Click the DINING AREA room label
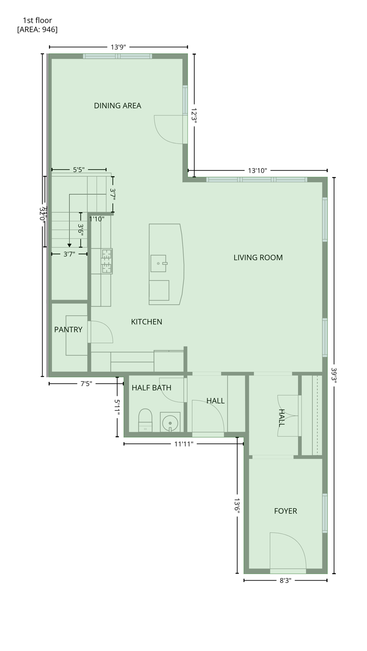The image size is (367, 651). (x=117, y=106)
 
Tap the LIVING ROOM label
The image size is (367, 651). (x=258, y=257)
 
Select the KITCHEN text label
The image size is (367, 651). (x=146, y=322)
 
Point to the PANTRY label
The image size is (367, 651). (x=68, y=329)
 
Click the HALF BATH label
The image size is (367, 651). (x=151, y=387)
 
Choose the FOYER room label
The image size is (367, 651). (x=285, y=511)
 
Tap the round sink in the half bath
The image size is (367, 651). (x=170, y=423)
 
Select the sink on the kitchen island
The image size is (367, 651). (x=158, y=263)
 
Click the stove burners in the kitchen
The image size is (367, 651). (x=106, y=261)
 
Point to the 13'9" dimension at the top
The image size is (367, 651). (x=118, y=47)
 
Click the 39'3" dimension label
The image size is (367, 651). (x=334, y=376)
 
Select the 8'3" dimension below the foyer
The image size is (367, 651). (x=285, y=580)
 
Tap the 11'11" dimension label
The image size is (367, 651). (x=183, y=444)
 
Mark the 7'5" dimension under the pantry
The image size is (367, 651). (x=86, y=384)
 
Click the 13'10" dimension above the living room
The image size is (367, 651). (x=257, y=170)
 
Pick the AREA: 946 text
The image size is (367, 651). (x=37, y=29)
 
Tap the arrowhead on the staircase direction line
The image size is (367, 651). (x=70, y=245)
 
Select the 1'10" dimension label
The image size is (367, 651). (x=97, y=219)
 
